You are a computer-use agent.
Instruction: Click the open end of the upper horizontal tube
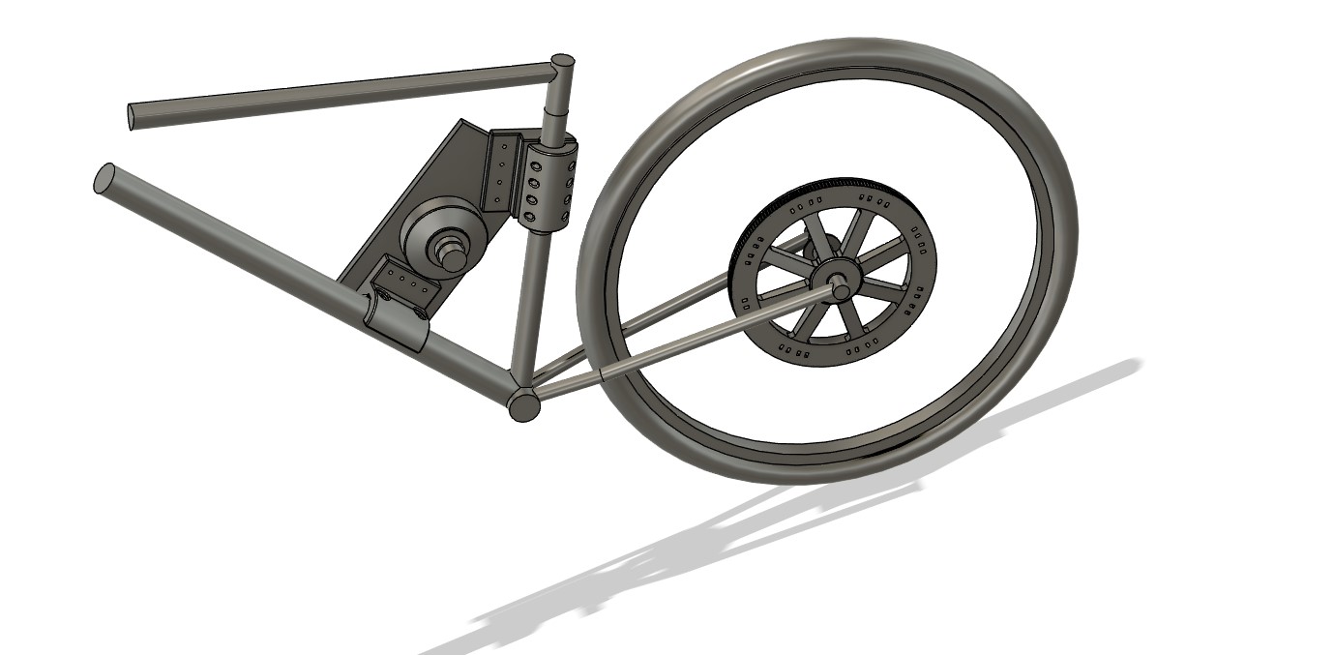pos(133,116)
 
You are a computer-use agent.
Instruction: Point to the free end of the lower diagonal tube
pos(104,178)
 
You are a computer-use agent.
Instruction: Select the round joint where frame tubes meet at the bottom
pos(523,404)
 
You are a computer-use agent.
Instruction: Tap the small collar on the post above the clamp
pos(554,126)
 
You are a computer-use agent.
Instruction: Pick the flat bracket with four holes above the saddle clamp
pos(404,280)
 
